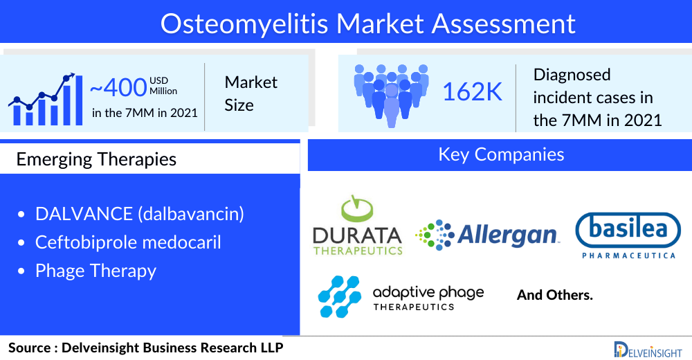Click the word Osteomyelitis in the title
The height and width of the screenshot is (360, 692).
point(244,24)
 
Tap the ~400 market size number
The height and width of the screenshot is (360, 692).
point(118,87)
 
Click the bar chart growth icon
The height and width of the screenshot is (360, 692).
point(46,99)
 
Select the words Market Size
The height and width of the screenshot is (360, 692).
point(251,93)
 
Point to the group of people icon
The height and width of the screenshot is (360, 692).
point(392,96)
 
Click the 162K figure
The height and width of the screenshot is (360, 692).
point(472,92)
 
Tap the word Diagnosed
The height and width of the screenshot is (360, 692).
point(572,75)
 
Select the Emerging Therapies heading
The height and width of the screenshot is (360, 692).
point(96,159)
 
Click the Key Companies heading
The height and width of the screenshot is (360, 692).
point(501,154)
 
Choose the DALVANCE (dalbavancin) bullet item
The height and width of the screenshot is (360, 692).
point(140,214)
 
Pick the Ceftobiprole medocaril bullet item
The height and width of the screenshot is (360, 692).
point(128,242)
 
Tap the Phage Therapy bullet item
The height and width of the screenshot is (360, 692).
point(95,271)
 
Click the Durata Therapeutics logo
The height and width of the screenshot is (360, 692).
point(358,226)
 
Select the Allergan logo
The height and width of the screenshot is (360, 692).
point(487,235)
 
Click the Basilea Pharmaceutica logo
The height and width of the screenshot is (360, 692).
point(628,235)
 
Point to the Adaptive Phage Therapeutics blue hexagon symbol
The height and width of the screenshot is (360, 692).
point(339,297)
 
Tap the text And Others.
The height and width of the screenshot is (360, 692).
point(555,295)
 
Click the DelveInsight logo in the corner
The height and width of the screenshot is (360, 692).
point(648,350)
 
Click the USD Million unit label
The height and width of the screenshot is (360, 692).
point(163,86)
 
